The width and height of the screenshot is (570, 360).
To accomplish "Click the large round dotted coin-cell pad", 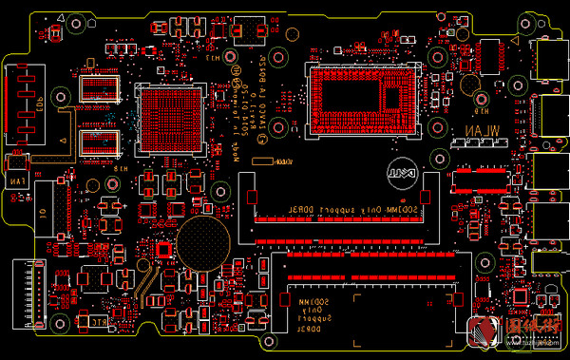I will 202,241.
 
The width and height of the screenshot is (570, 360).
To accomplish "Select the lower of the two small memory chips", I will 100,142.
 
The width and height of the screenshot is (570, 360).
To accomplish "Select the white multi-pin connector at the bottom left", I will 26,290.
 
